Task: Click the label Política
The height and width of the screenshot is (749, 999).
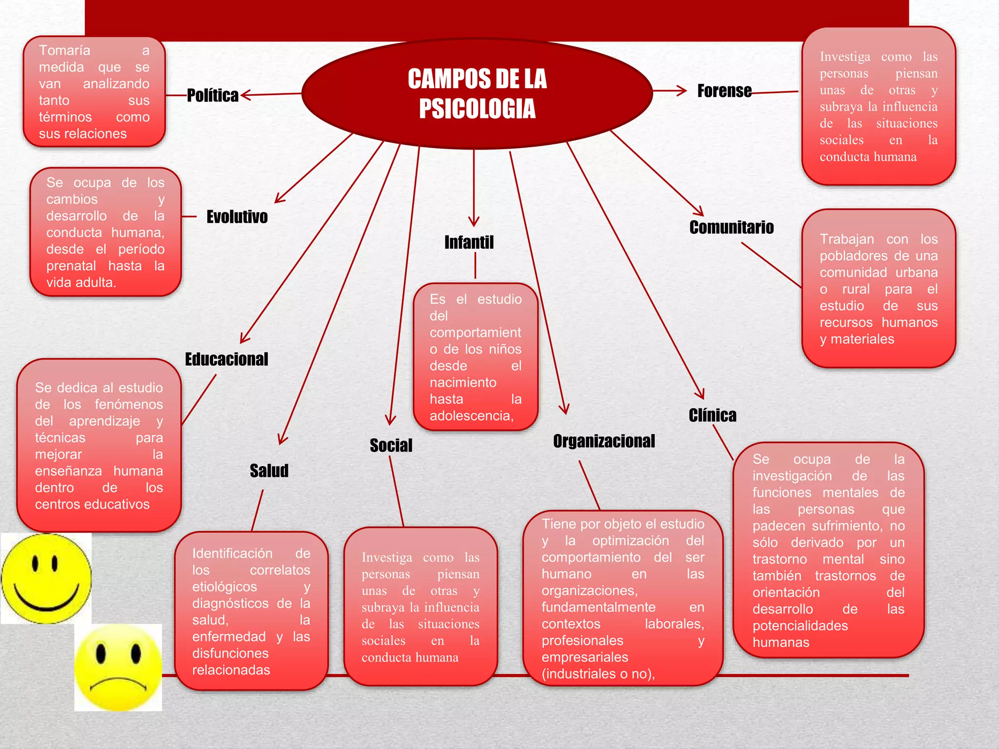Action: coord(213,95)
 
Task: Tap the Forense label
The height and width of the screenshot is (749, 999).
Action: coord(724,91)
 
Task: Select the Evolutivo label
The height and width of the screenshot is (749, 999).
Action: coord(237,217)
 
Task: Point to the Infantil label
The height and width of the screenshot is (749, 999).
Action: coord(469,242)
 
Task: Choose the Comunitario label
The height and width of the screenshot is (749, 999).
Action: coord(731,227)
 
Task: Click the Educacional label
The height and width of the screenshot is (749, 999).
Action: coord(226,359)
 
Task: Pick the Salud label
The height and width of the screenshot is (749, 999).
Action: coord(269,471)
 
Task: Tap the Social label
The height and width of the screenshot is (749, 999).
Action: coord(391,445)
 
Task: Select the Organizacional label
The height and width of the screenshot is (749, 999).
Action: coord(604,441)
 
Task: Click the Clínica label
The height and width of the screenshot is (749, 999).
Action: coord(712,415)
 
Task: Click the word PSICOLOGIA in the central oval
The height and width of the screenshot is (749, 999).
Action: coord(477,109)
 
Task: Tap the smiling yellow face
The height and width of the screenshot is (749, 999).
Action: coord(46,578)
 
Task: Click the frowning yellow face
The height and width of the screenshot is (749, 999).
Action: coord(118,668)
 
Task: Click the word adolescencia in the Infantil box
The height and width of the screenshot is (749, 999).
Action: coord(471,416)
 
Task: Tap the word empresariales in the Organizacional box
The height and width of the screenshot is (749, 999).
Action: coord(584,657)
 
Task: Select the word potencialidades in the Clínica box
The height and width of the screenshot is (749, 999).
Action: coord(800,626)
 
